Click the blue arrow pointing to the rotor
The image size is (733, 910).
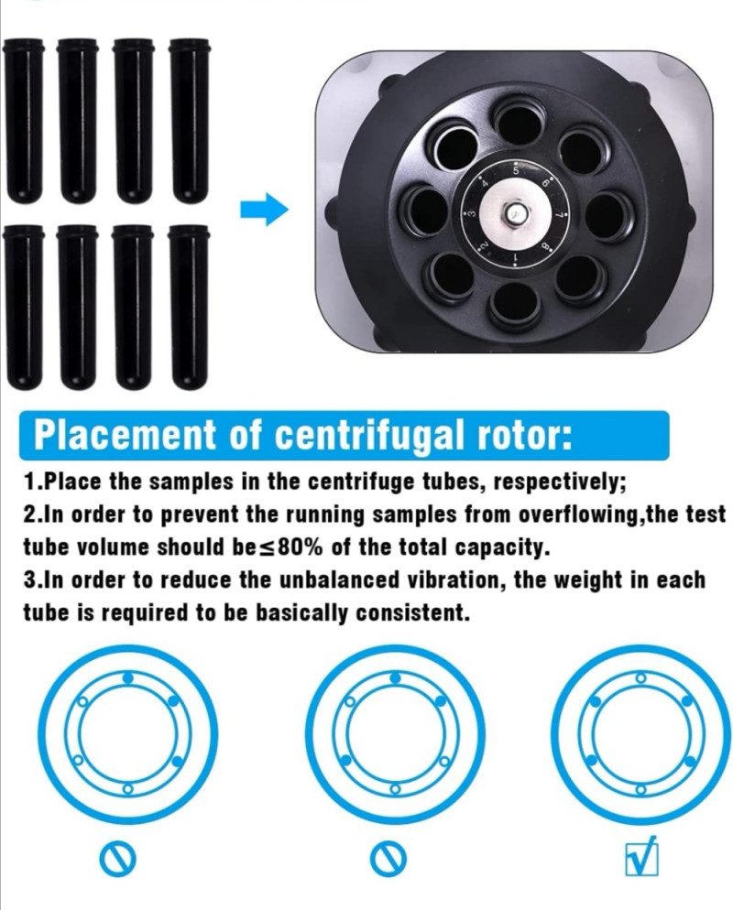click(x=264, y=209)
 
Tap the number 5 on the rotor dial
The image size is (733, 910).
click(x=515, y=172)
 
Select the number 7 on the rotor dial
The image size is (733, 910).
click(x=559, y=215)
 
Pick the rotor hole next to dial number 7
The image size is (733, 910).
click(x=607, y=215)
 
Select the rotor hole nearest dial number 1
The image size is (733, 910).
click(x=513, y=304)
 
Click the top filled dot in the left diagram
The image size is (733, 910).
click(x=129, y=677)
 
